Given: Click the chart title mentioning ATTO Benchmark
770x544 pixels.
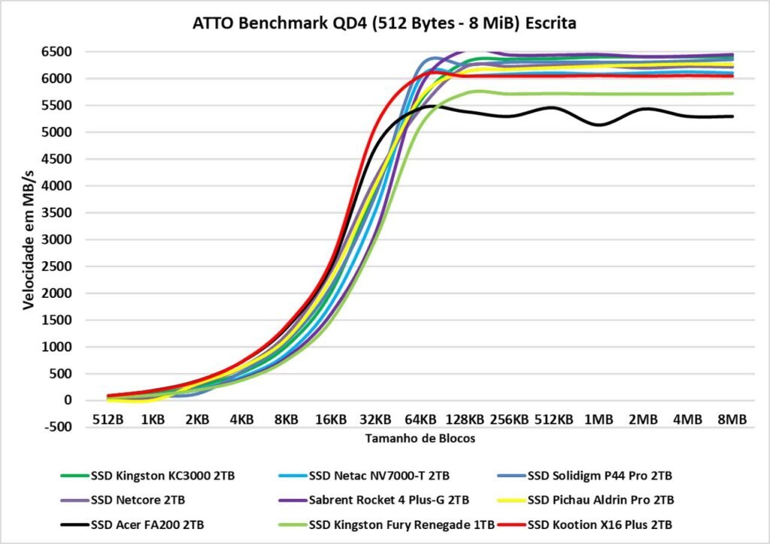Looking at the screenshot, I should click(x=384, y=23).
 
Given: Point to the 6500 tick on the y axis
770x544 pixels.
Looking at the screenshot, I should click(x=56, y=52).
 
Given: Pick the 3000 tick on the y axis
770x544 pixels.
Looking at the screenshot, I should click(x=56, y=239).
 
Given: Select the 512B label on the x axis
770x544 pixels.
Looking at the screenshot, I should click(x=108, y=419).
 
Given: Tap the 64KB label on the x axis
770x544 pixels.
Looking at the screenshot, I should click(x=420, y=419).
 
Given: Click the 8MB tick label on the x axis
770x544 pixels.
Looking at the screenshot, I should click(x=732, y=419).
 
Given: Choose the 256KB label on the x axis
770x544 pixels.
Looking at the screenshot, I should click(x=510, y=419).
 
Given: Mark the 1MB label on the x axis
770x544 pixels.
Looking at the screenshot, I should click(x=599, y=419).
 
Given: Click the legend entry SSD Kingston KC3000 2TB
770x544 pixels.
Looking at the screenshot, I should click(x=159, y=476).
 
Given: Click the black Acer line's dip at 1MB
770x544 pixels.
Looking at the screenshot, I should click(x=599, y=125).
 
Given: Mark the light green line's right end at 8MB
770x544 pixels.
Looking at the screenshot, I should click(x=732, y=93).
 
